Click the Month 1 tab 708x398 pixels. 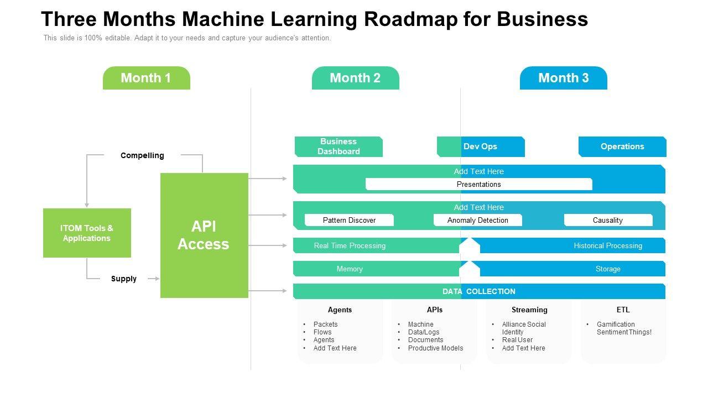click(x=146, y=78)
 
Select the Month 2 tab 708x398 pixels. click(x=355, y=78)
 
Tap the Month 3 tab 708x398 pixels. click(x=563, y=78)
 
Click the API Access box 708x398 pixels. click(x=204, y=235)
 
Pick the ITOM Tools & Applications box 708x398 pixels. click(x=87, y=233)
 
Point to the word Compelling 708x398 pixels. click(x=142, y=155)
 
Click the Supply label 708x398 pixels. click(x=123, y=279)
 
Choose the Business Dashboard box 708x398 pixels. click(x=339, y=146)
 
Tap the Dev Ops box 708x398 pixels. click(x=480, y=146)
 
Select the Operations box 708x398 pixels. click(x=622, y=146)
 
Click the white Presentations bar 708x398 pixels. click(x=478, y=184)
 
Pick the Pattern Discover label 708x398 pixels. click(x=349, y=220)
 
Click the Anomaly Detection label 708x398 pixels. click(x=477, y=220)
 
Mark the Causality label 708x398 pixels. click(x=608, y=220)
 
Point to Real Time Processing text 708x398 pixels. click(x=350, y=245)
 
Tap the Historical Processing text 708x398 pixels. click(x=608, y=245)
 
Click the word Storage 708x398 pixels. click(x=608, y=269)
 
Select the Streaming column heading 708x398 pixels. click(x=529, y=310)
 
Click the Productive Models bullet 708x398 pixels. click(x=435, y=348)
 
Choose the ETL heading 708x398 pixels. click(x=623, y=310)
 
